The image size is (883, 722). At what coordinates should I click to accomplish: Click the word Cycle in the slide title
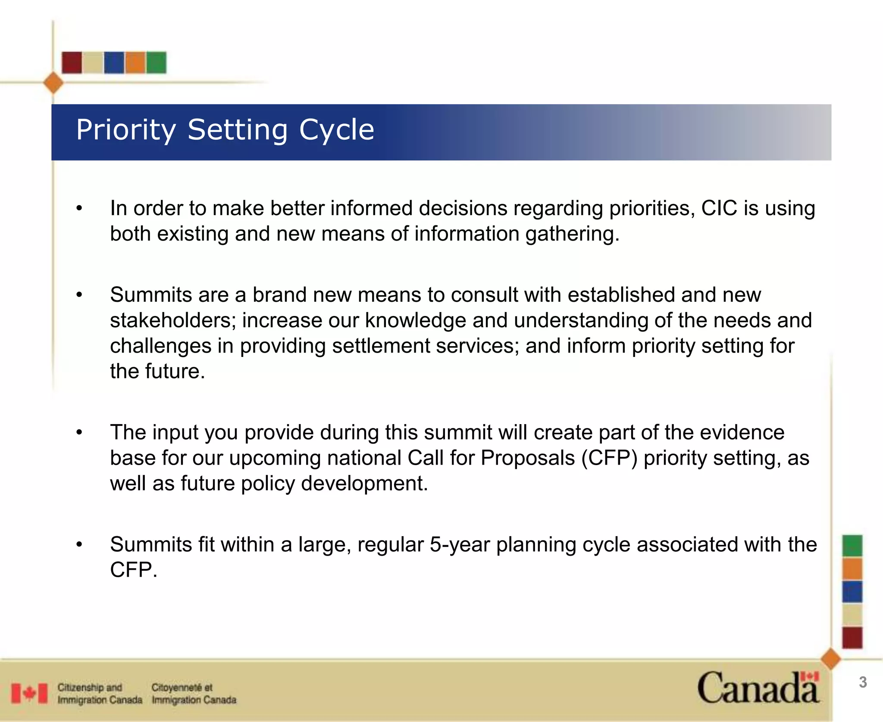tap(336, 130)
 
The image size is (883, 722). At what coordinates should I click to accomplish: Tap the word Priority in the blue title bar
tap(126, 130)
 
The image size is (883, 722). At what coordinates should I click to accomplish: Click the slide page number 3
tap(863, 682)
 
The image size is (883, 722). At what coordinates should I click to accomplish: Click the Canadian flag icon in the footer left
tap(29, 693)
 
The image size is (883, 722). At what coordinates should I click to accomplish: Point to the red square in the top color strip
tap(72, 63)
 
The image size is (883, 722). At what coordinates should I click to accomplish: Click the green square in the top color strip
tap(156, 63)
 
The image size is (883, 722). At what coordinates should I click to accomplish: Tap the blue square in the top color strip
tap(114, 63)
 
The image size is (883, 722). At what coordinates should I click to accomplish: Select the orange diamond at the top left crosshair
tap(53, 83)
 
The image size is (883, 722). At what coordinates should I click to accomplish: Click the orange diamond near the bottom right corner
tap(831, 659)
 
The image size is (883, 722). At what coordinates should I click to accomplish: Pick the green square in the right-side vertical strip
tap(852, 546)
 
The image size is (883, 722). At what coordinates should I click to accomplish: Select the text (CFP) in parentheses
tap(609, 458)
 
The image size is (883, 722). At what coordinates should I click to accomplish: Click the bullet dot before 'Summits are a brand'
tap(79, 295)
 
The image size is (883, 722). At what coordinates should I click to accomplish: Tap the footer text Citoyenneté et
tap(182, 687)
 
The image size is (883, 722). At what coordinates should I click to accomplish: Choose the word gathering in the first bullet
tap(572, 234)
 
